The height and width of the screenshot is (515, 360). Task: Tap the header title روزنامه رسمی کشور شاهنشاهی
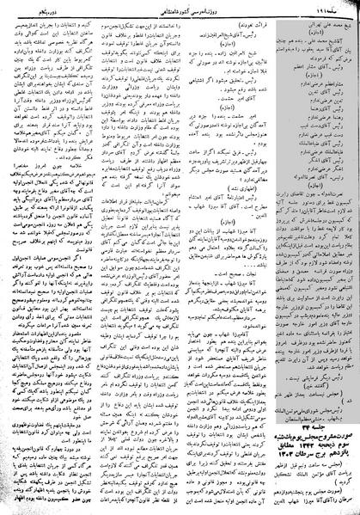[180, 7]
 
